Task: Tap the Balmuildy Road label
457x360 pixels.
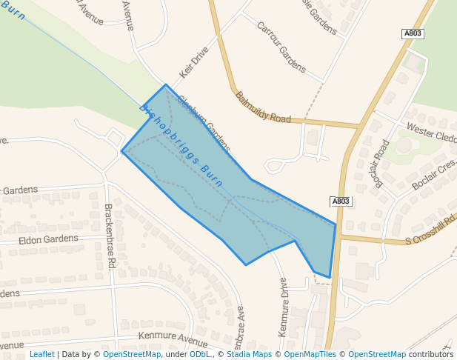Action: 263,107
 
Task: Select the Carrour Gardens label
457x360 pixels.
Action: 281,46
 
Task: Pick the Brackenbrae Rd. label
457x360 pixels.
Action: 110,236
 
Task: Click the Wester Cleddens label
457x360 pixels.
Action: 432,136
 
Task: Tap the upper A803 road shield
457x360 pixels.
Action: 413,34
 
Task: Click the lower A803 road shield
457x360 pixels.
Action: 341,201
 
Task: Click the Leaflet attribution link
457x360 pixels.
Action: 41,354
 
